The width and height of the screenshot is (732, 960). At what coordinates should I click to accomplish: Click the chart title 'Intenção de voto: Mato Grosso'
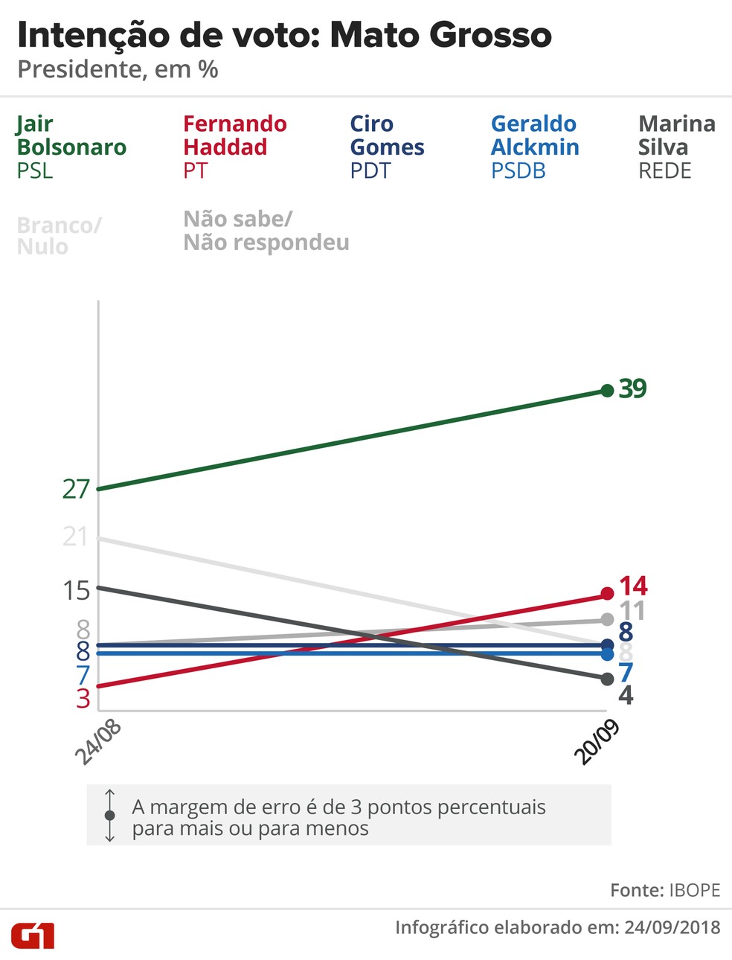tap(284, 35)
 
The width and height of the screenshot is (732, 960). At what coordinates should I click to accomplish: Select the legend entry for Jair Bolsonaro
tap(71, 147)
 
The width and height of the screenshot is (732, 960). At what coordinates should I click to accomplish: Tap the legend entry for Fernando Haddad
tap(234, 147)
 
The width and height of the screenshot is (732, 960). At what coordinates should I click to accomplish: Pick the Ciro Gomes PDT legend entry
tap(387, 147)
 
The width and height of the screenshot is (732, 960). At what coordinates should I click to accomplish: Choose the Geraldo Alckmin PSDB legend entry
tap(534, 147)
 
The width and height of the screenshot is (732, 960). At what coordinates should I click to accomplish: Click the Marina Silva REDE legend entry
tap(676, 147)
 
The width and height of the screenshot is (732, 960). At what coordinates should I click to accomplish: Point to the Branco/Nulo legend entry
tap(58, 235)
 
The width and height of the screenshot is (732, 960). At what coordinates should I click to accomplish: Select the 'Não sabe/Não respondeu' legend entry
tap(266, 231)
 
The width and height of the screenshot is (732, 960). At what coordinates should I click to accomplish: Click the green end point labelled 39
tap(607, 391)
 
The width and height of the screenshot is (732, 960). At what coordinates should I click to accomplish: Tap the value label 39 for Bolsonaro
tap(633, 388)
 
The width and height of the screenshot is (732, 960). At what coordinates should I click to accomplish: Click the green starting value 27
tap(76, 489)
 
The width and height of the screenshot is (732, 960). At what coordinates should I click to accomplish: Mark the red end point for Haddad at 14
tap(607, 594)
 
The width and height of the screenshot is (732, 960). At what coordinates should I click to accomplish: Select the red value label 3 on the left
tap(83, 699)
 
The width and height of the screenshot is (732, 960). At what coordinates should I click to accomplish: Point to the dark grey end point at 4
tap(607, 679)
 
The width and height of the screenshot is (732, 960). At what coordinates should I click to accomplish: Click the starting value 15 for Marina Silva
tap(76, 591)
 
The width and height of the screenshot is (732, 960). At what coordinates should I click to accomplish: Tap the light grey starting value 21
tap(75, 537)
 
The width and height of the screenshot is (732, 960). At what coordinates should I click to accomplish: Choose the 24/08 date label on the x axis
tap(98, 742)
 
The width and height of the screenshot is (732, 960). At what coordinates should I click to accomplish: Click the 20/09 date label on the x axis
tap(597, 742)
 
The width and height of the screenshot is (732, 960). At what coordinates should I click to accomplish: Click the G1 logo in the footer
tap(33, 935)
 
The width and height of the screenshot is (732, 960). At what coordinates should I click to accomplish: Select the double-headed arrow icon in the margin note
tap(110, 816)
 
